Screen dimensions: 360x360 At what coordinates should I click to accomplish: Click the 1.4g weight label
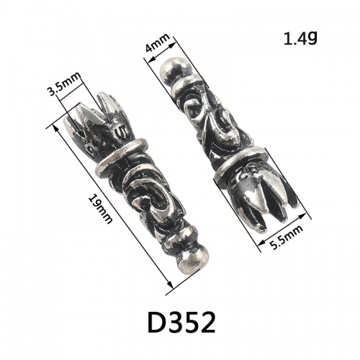(x=300, y=38)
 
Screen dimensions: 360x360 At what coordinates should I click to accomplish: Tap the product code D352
(x=181, y=323)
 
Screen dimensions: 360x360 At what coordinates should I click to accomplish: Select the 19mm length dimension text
(x=100, y=208)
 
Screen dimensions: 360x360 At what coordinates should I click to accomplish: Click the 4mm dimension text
(x=158, y=45)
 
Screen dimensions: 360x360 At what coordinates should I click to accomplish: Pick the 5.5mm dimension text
(x=287, y=237)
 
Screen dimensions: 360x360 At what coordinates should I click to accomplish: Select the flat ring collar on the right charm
(x=240, y=165)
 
